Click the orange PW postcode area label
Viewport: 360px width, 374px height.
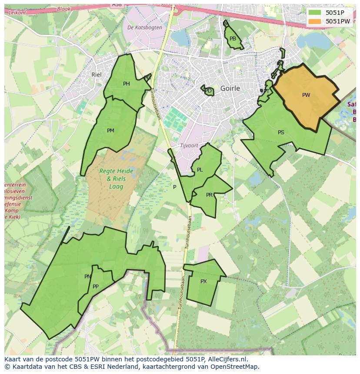coord(306,95)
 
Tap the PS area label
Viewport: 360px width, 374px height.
coord(281,132)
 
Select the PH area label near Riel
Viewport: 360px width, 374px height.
coord(127,84)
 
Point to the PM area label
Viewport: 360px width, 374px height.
coord(110,130)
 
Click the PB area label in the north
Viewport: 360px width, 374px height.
coord(233,39)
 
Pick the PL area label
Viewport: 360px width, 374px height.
coord(200,170)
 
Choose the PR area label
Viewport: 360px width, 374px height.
coord(209,195)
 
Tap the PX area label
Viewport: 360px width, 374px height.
coord(203,281)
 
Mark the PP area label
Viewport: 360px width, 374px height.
coord(96,286)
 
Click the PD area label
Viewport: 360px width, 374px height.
coord(208,91)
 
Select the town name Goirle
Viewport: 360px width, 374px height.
coord(230,88)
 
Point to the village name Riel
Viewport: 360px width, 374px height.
coord(96,74)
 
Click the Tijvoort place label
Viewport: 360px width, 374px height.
coord(189,145)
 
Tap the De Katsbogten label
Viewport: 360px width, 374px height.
coord(145,27)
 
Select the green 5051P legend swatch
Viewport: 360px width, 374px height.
coord(315,13)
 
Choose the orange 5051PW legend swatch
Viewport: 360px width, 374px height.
coord(315,21)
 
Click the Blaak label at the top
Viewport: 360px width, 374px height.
coord(63,9)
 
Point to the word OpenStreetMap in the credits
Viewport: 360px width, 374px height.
coord(235,367)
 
